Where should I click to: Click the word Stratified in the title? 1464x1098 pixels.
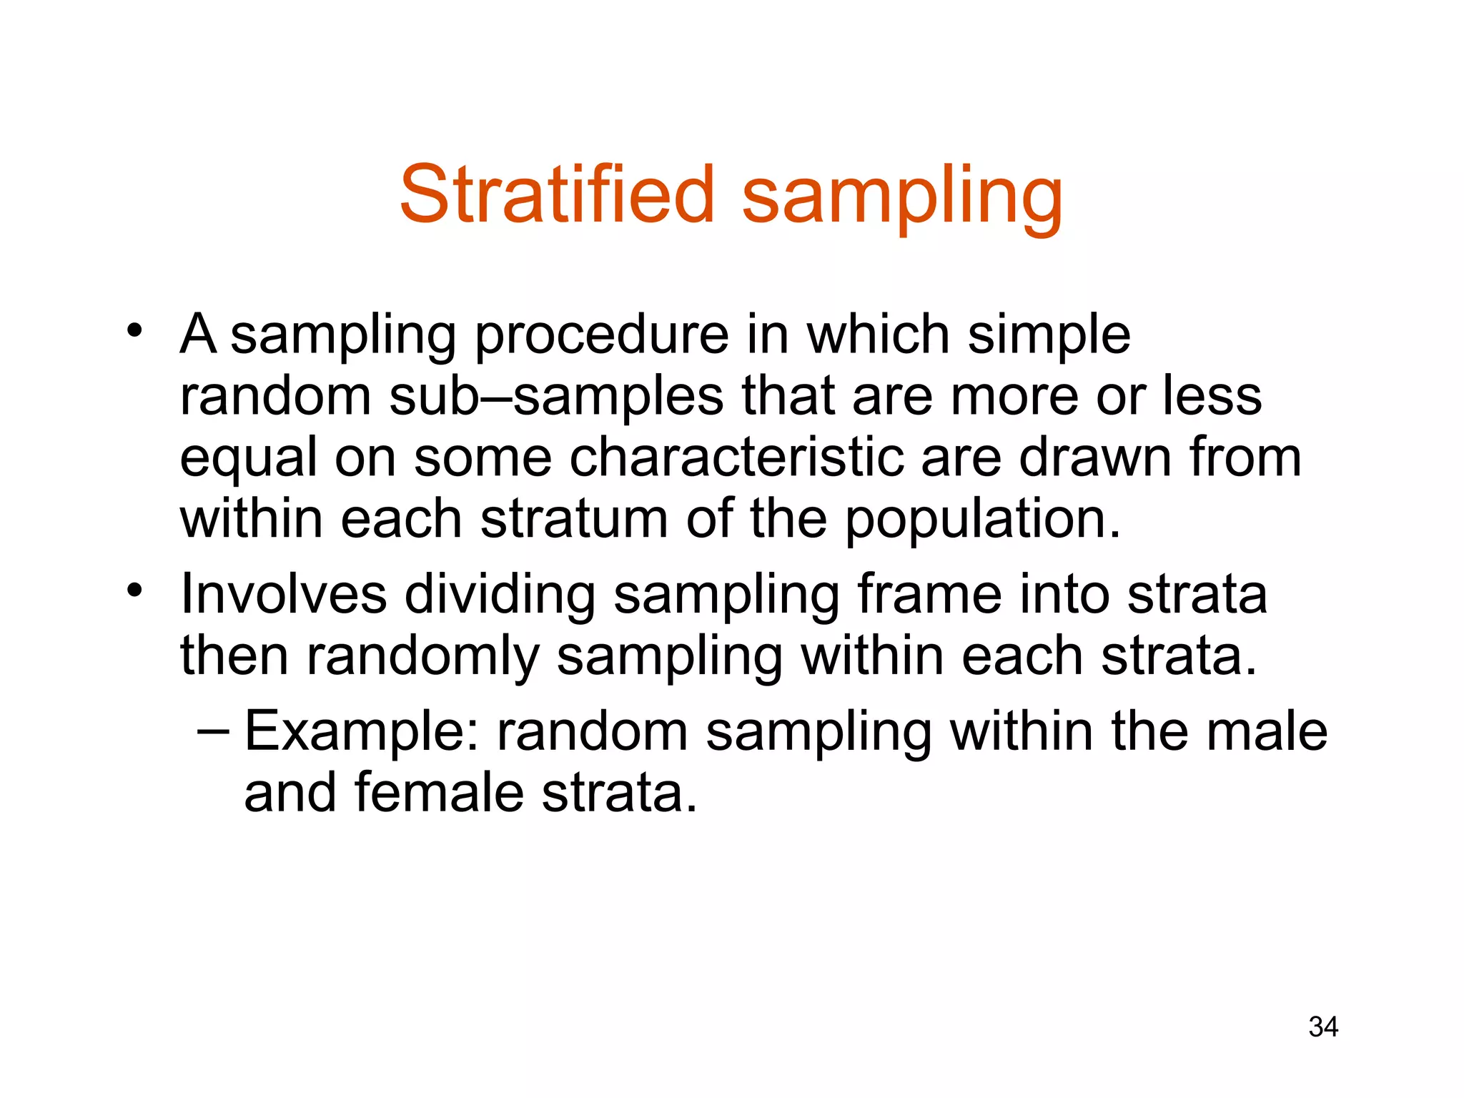click(x=557, y=194)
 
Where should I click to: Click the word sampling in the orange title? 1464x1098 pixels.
click(x=902, y=197)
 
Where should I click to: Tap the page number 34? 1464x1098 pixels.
click(x=1323, y=1027)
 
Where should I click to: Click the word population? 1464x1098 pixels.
click(x=982, y=520)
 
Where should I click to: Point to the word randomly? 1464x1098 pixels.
click(x=423, y=658)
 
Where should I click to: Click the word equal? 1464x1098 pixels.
click(x=248, y=460)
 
